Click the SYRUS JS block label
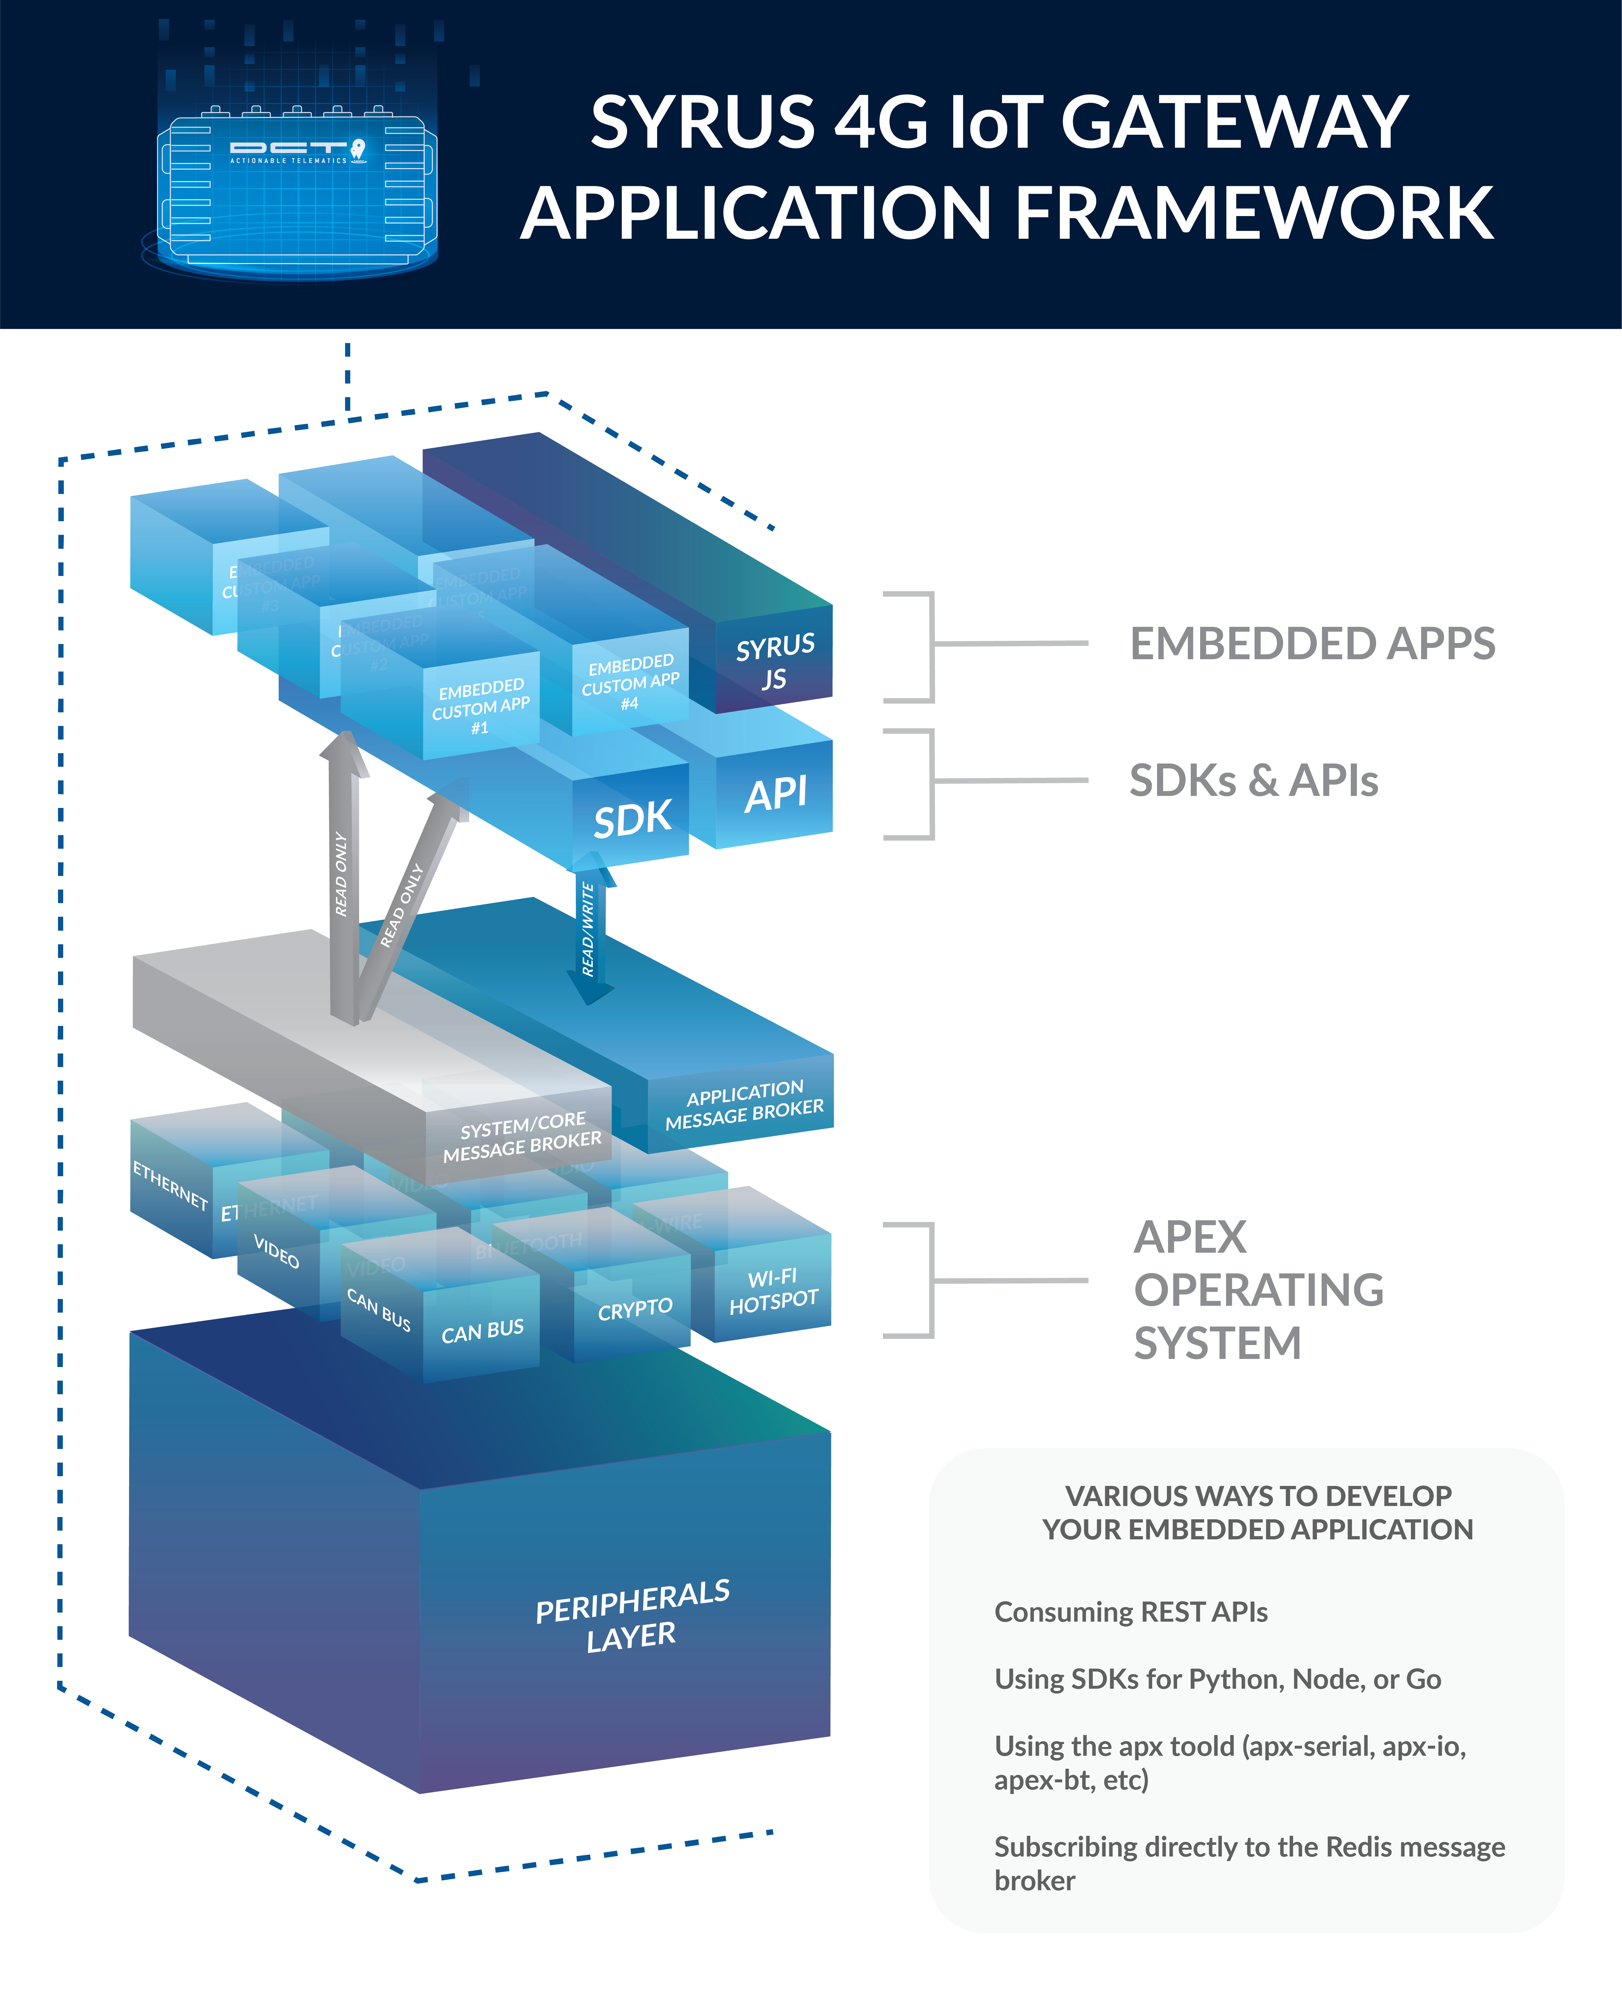pyautogui.click(x=775, y=661)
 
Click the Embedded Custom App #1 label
pyautogui.click(x=481, y=707)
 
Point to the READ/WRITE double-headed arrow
pyautogui.click(x=589, y=930)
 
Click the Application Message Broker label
pyautogui.click(x=745, y=1105)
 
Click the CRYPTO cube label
pyautogui.click(x=635, y=1309)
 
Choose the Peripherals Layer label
pyautogui.click(x=632, y=1616)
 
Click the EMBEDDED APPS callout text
pyautogui.click(x=1312, y=644)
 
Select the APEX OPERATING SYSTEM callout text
pyautogui.click(x=1257, y=1290)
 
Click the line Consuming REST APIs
pyautogui.click(x=1130, y=1612)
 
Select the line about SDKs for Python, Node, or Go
pyautogui.click(x=1217, y=1679)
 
